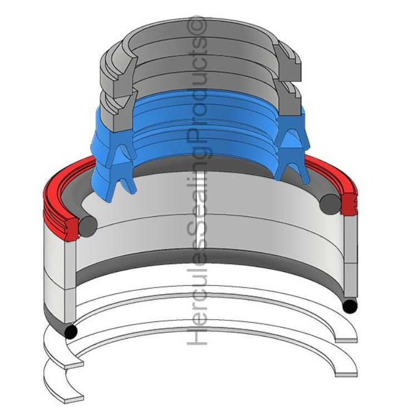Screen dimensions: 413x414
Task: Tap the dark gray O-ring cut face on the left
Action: [88, 227]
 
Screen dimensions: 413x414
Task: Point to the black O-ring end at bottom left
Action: [71, 332]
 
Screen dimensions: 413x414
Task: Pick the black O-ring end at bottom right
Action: [350, 306]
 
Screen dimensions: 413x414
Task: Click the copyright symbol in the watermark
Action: [196, 26]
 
